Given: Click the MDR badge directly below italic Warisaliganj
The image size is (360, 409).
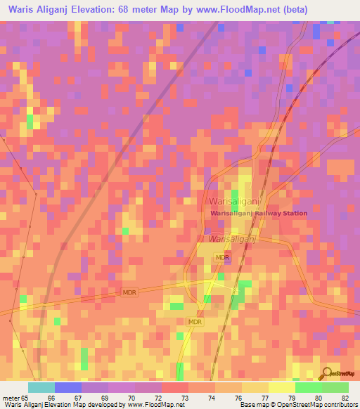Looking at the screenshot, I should point(222,258).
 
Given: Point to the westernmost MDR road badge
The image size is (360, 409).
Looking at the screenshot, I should point(129,292).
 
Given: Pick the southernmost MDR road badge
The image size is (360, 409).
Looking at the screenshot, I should point(195,321).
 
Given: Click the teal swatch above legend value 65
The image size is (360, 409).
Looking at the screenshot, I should point(41,387).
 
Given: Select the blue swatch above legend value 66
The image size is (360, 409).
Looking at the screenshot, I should point(67,387).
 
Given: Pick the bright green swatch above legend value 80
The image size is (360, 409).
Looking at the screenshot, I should point(308,387).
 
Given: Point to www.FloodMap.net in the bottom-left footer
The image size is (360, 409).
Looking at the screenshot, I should point(151,405).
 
